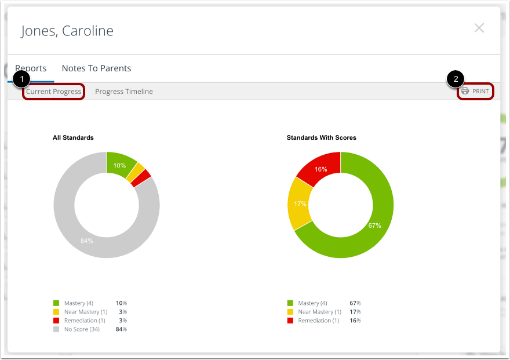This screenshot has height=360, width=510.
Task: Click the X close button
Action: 479,28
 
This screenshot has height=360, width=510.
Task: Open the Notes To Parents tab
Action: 96,68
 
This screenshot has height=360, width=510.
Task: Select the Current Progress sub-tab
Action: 53,92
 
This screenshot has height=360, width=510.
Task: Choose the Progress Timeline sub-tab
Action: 124,92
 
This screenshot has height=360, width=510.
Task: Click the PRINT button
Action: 475,92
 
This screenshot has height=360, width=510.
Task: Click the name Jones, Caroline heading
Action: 67,31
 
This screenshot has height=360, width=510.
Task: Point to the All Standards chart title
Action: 73,138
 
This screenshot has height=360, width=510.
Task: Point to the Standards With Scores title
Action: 321,138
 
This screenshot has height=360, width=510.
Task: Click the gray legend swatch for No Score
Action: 56,329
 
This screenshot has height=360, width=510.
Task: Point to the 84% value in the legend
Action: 121,329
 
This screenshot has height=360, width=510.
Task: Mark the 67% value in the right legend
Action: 355,303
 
